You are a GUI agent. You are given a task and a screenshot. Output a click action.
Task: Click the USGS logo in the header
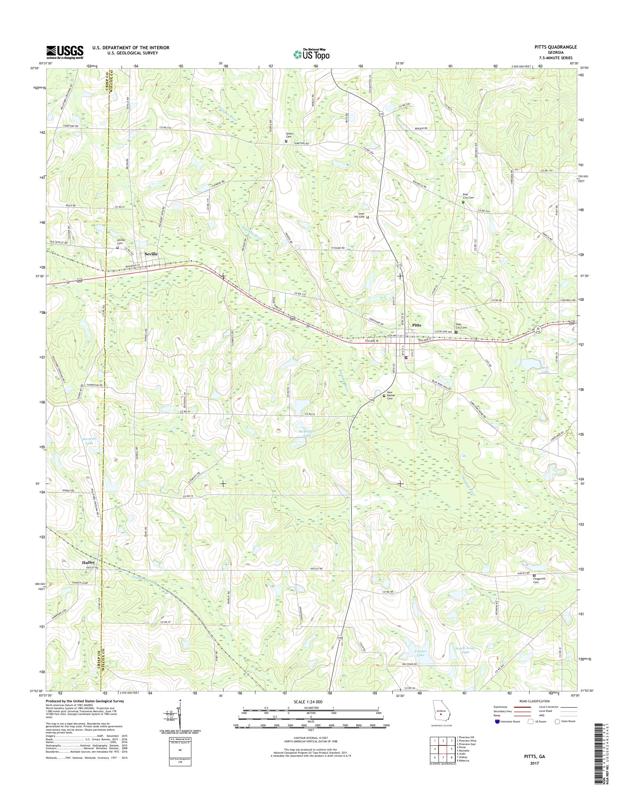(x=65, y=52)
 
